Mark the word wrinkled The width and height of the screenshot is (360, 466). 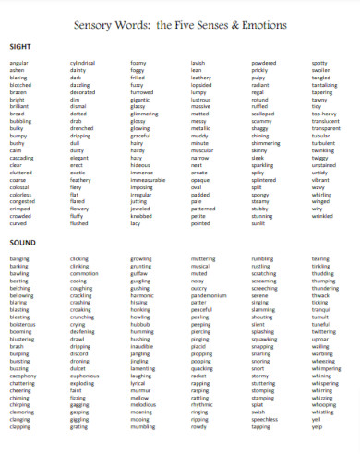323,217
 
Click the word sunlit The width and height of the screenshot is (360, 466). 258,223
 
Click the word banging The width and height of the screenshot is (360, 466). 19,259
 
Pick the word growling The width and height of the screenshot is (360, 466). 141,259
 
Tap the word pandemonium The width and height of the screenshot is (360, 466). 209,294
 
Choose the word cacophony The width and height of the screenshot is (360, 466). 23,376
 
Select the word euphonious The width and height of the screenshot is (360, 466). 84,376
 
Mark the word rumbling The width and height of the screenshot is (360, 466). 262,259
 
